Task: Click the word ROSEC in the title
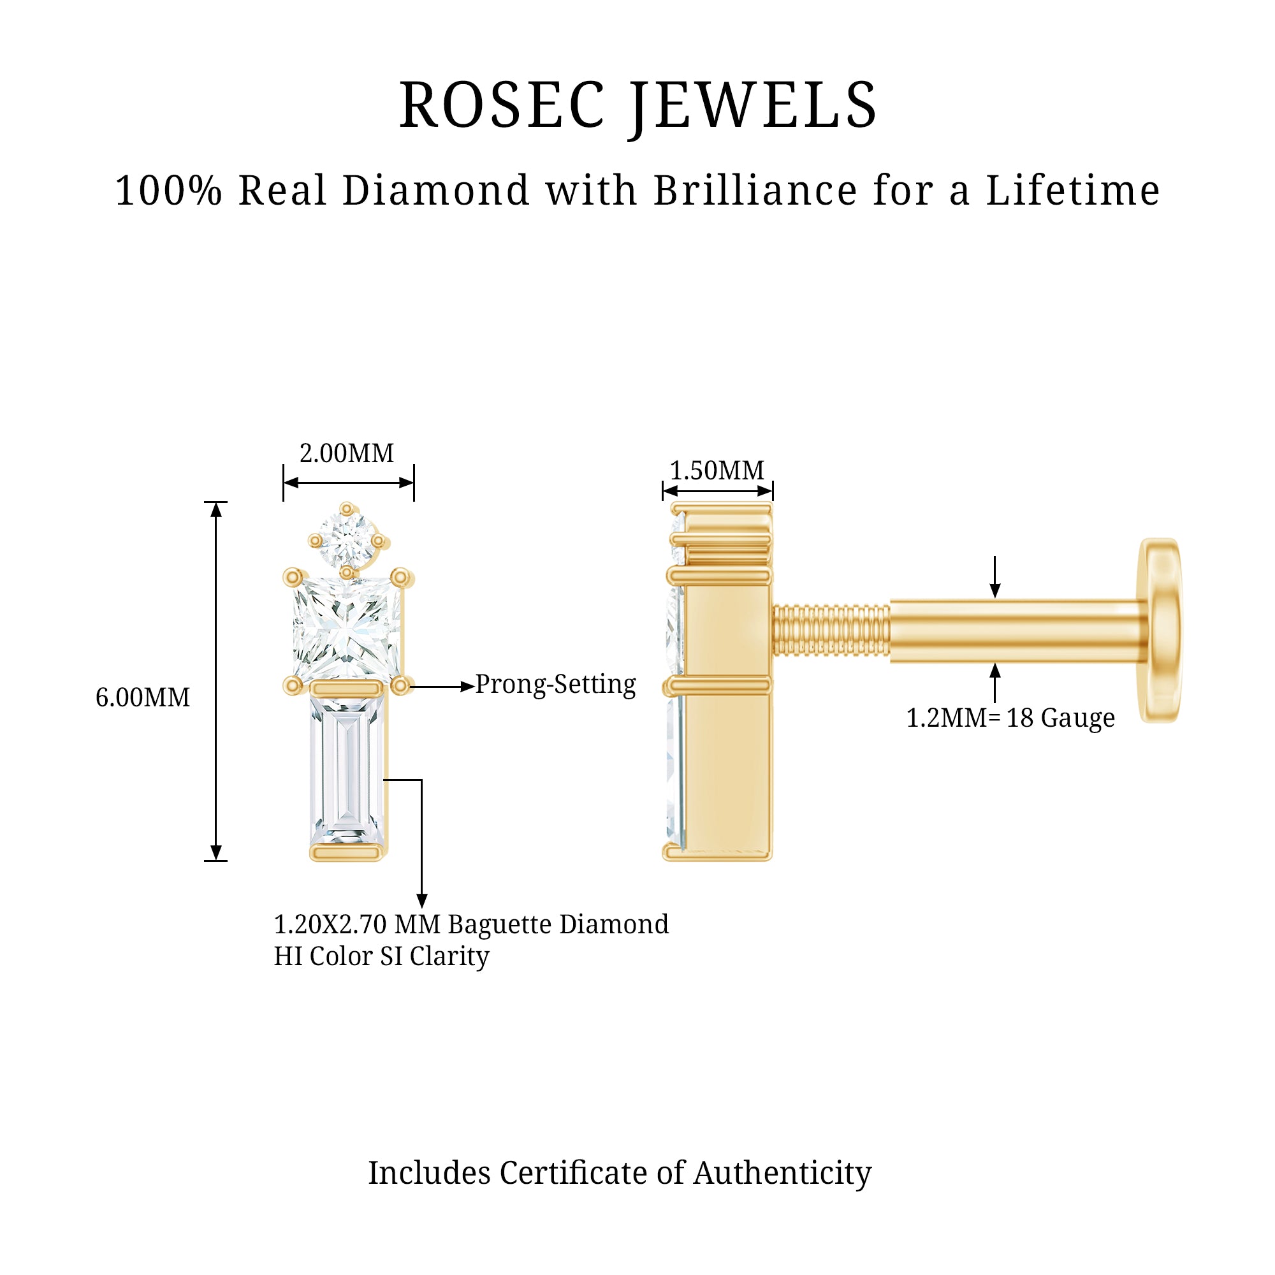tap(502, 106)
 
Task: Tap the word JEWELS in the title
tap(752, 106)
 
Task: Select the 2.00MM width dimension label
tap(346, 453)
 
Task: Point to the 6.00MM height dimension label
tap(143, 697)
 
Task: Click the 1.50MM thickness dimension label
tap(717, 470)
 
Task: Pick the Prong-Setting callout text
tap(556, 684)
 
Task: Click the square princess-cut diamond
tap(346, 627)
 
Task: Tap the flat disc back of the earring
tap(1160, 630)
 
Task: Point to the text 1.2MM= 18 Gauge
tap(1010, 718)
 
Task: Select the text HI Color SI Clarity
tap(381, 956)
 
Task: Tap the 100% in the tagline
tap(169, 191)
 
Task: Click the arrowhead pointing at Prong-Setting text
tap(467, 687)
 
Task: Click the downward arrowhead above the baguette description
tap(421, 900)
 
